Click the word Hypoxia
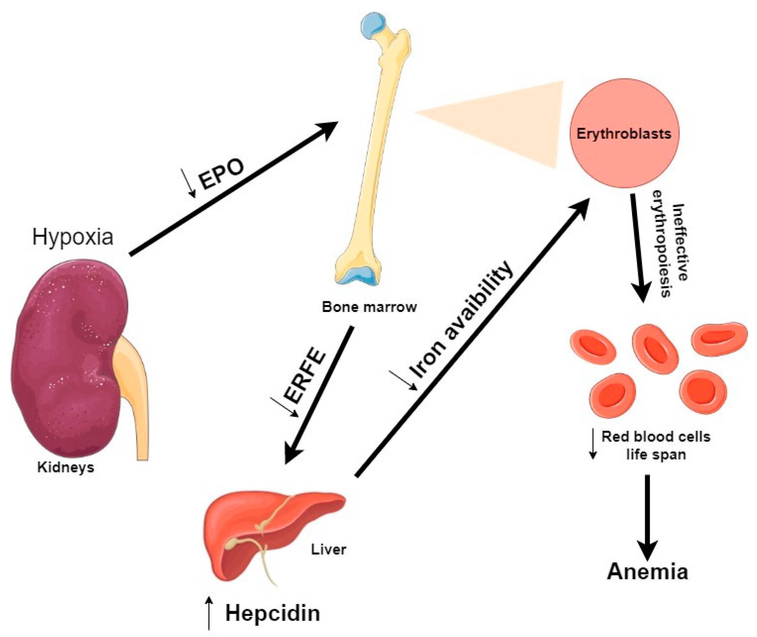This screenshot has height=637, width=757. pyautogui.click(x=72, y=237)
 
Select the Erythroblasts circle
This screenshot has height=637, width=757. pyautogui.click(x=624, y=133)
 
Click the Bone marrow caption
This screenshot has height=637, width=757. pyautogui.click(x=369, y=307)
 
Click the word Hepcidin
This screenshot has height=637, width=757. pyautogui.click(x=273, y=613)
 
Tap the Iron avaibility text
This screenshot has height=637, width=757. pyautogui.click(x=460, y=320)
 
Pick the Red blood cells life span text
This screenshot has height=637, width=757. pyautogui.click(x=655, y=445)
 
